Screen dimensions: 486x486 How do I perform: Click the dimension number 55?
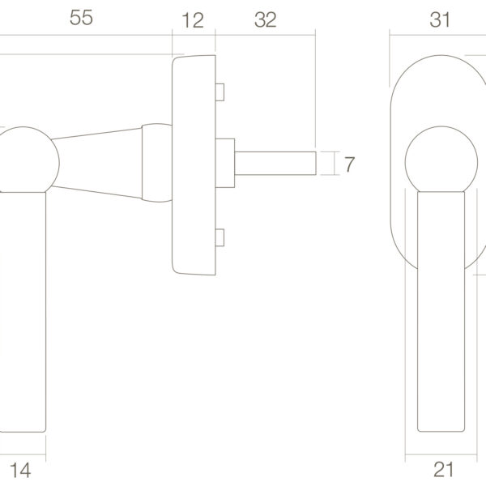coord(81,18)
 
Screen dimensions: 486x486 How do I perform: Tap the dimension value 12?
coord(193,20)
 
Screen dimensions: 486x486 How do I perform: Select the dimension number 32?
coord(266,19)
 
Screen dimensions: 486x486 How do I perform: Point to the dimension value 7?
coord(349,164)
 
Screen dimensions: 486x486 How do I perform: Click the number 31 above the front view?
coord(440,19)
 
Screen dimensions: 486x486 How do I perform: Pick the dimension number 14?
coord(20,471)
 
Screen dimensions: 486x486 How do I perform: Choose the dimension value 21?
coord(444,470)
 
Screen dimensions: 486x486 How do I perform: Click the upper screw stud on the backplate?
coord(220,92)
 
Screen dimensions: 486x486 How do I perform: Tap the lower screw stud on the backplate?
coord(220,237)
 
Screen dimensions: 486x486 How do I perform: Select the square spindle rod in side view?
coord(275,164)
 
